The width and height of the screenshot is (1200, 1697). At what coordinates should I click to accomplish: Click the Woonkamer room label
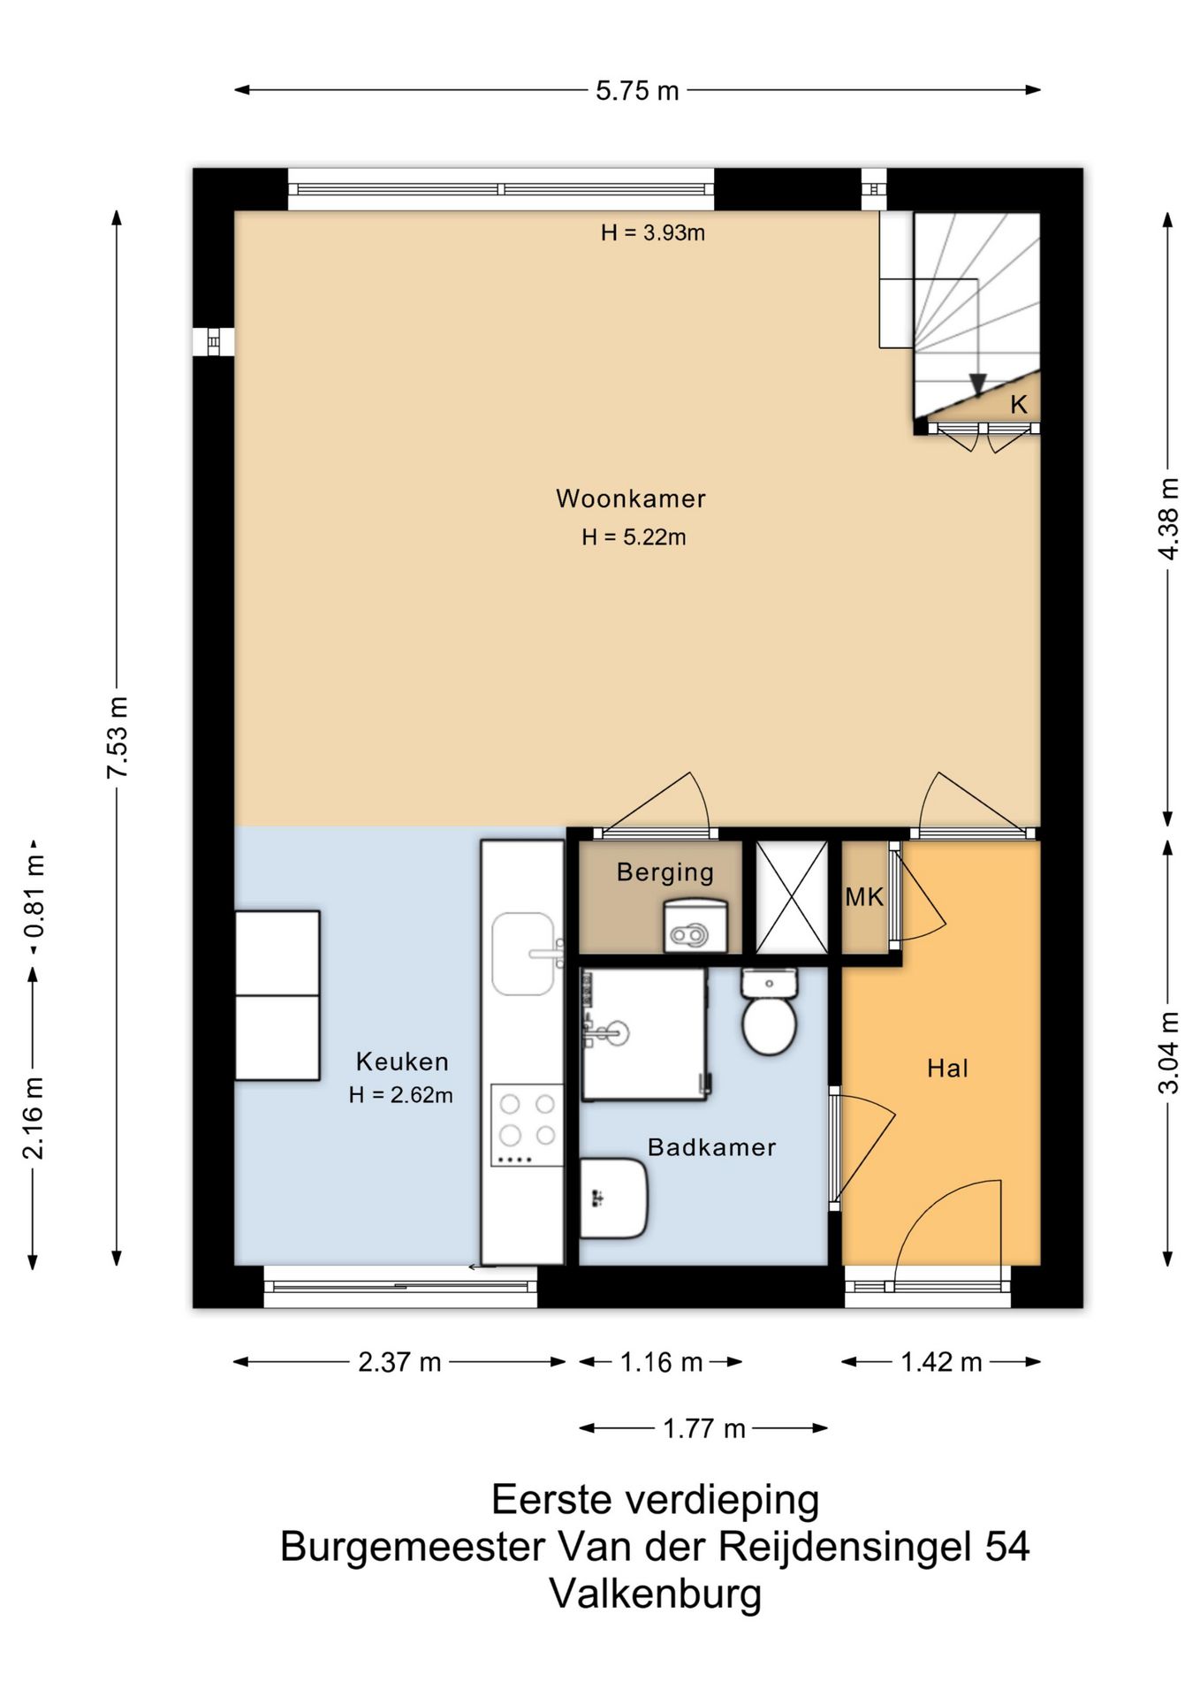[x=631, y=498]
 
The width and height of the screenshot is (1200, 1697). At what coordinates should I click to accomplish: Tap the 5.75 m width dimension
[x=637, y=90]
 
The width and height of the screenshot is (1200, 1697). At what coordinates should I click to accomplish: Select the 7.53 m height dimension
[x=118, y=736]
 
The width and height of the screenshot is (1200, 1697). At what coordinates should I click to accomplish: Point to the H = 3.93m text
[x=653, y=232]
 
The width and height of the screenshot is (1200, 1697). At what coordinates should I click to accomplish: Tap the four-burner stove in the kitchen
[x=527, y=1125]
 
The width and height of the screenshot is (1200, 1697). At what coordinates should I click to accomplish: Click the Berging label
[x=665, y=872]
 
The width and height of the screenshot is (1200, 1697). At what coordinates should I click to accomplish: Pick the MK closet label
[x=864, y=897]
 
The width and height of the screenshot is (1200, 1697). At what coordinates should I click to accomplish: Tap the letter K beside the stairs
[x=1019, y=405]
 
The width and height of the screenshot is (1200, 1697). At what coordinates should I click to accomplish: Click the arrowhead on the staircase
[x=977, y=384]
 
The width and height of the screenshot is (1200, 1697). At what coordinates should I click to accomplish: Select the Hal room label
[x=948, y=1069]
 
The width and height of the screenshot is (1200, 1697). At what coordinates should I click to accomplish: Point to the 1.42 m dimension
[x=941, y=1362]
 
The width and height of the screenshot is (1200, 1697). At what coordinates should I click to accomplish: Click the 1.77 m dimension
[x=704, y=1428]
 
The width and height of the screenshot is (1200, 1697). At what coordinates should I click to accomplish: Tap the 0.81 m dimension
[x=34, y=897]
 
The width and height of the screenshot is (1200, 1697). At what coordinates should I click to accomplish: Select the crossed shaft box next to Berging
[x=792, y=897]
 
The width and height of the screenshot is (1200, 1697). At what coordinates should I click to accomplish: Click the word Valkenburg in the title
[x=656, y=1594]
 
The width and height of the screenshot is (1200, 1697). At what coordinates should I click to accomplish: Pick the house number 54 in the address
[x=1006, y=1546]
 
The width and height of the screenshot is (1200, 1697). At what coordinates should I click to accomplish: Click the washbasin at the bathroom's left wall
[x=613, y=1199]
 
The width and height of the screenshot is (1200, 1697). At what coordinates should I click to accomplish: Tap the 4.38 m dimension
[x=1168, y=519]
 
